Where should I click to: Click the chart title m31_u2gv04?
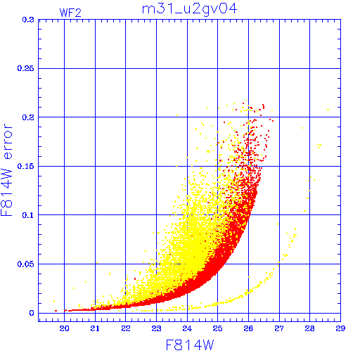point(190,9)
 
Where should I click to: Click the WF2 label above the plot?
point(70,13)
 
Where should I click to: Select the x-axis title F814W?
point(190,345)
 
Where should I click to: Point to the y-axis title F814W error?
point(6,170)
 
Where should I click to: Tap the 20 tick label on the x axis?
point(64,328)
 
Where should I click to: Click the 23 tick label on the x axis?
point(156,328)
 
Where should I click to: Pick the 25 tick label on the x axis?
point(217,328)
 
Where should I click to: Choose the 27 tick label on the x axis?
point(279,328)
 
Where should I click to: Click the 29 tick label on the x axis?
point(340,328)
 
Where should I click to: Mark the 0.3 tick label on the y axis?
point(28,20)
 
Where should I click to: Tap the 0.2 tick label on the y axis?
point(28,117)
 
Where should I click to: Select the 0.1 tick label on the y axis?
point(28,215)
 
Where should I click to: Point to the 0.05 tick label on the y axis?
point(26,264)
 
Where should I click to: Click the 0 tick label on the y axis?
point(32,313)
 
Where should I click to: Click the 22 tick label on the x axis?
point(126,328)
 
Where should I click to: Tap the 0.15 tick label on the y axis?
point(26,166)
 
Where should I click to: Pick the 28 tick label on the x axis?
point(309,328)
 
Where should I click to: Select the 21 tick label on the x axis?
point(95,328)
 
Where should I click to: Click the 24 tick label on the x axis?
point(187,328)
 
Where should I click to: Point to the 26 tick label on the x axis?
point(248,328)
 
